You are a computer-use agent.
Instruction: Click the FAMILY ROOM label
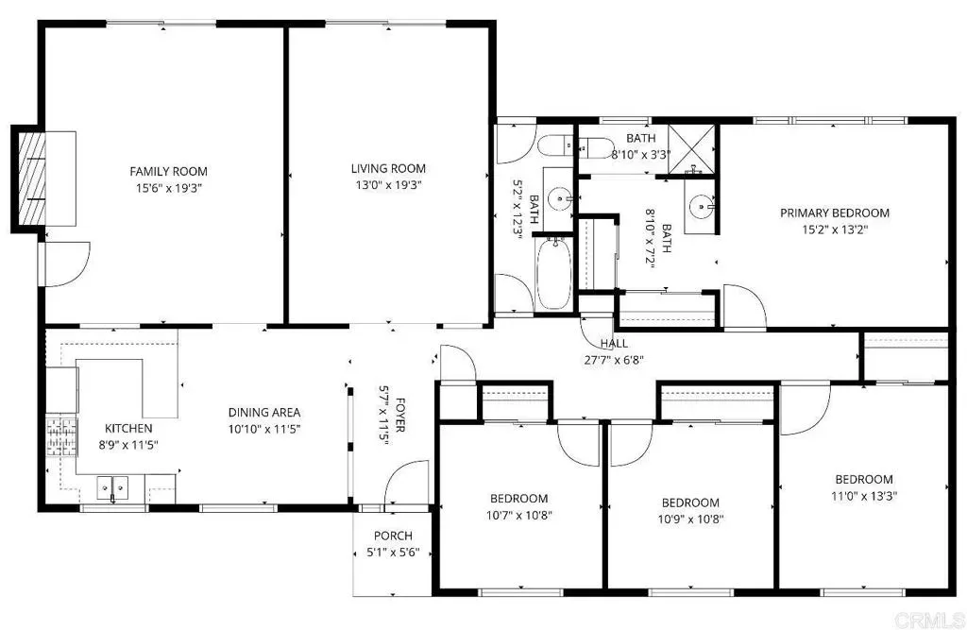pyautogui.click(x=168, y=172)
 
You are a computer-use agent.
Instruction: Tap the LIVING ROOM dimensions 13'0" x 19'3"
pyautogui.click(x=388, y=184)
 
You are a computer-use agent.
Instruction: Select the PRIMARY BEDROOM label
pyautogui.click(x=835, y=213)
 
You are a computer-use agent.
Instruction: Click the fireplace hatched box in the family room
pyautogui.click(x=32, y=179)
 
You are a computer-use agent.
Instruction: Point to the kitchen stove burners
pyautogui.click(x=61, y=437)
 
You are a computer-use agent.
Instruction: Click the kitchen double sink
pyautogui.click(x=113, y=488)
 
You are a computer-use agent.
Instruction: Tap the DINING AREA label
pyautogui.click(x=264, y=412)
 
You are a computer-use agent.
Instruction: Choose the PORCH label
pyautogui.click(x=393, y=536)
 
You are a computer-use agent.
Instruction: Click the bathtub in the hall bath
pyautogui.click(x=553, y=274)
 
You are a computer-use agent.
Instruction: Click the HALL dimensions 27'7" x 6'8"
pyautogui.click(x=614, y=360)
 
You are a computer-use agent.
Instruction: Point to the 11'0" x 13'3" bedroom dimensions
pyautogui.click(x=864, y=496)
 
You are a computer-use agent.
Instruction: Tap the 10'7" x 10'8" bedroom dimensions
pyautogui.click(x=518, y=515)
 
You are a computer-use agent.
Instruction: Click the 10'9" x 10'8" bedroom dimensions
pyautogui.click(x=690, y=519)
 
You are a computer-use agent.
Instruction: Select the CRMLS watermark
pyautogui.click(x=928, y=619)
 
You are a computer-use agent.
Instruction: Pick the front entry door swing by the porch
pyautogui.click(x=405, y=485)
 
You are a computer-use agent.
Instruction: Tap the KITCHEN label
pyautogui.click(x=128, y=428)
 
